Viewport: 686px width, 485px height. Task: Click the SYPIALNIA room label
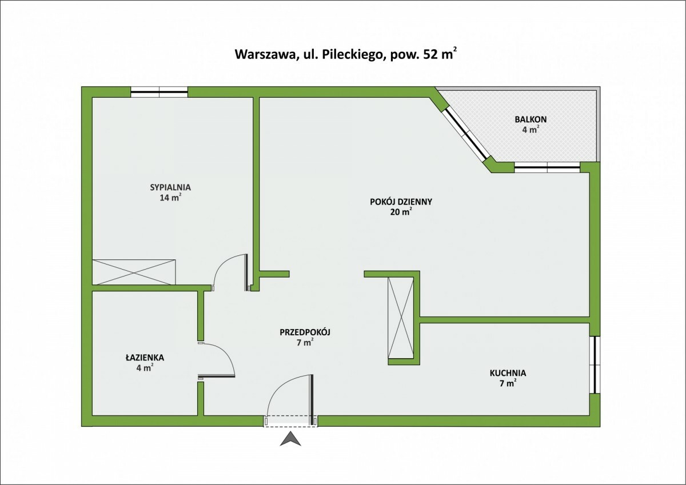[x=170, y=187]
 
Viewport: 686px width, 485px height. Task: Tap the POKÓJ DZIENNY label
[x=401, y=201]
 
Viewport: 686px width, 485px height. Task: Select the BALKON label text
[x=531, y=119]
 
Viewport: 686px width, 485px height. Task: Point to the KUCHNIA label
[x=508, y=373]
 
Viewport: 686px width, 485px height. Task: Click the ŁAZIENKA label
[x=145, y=358]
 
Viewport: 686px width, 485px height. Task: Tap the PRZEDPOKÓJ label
[x=306, y=332]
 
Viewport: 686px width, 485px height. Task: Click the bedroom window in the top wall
[x=159, y=90]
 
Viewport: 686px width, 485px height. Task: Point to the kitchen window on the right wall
[x=595, y=364]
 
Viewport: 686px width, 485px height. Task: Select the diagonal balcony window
[x=467, y=133]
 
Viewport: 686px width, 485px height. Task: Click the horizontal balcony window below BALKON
[x=547, y=167]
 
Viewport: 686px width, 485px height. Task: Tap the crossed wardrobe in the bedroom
[x=134, y=271]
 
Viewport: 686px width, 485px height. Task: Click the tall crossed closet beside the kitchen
[x=400, y=318]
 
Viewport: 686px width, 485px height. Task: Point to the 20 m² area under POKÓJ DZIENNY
[x=401, y=212]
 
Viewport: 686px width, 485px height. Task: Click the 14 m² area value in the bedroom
[x=170, y=198]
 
